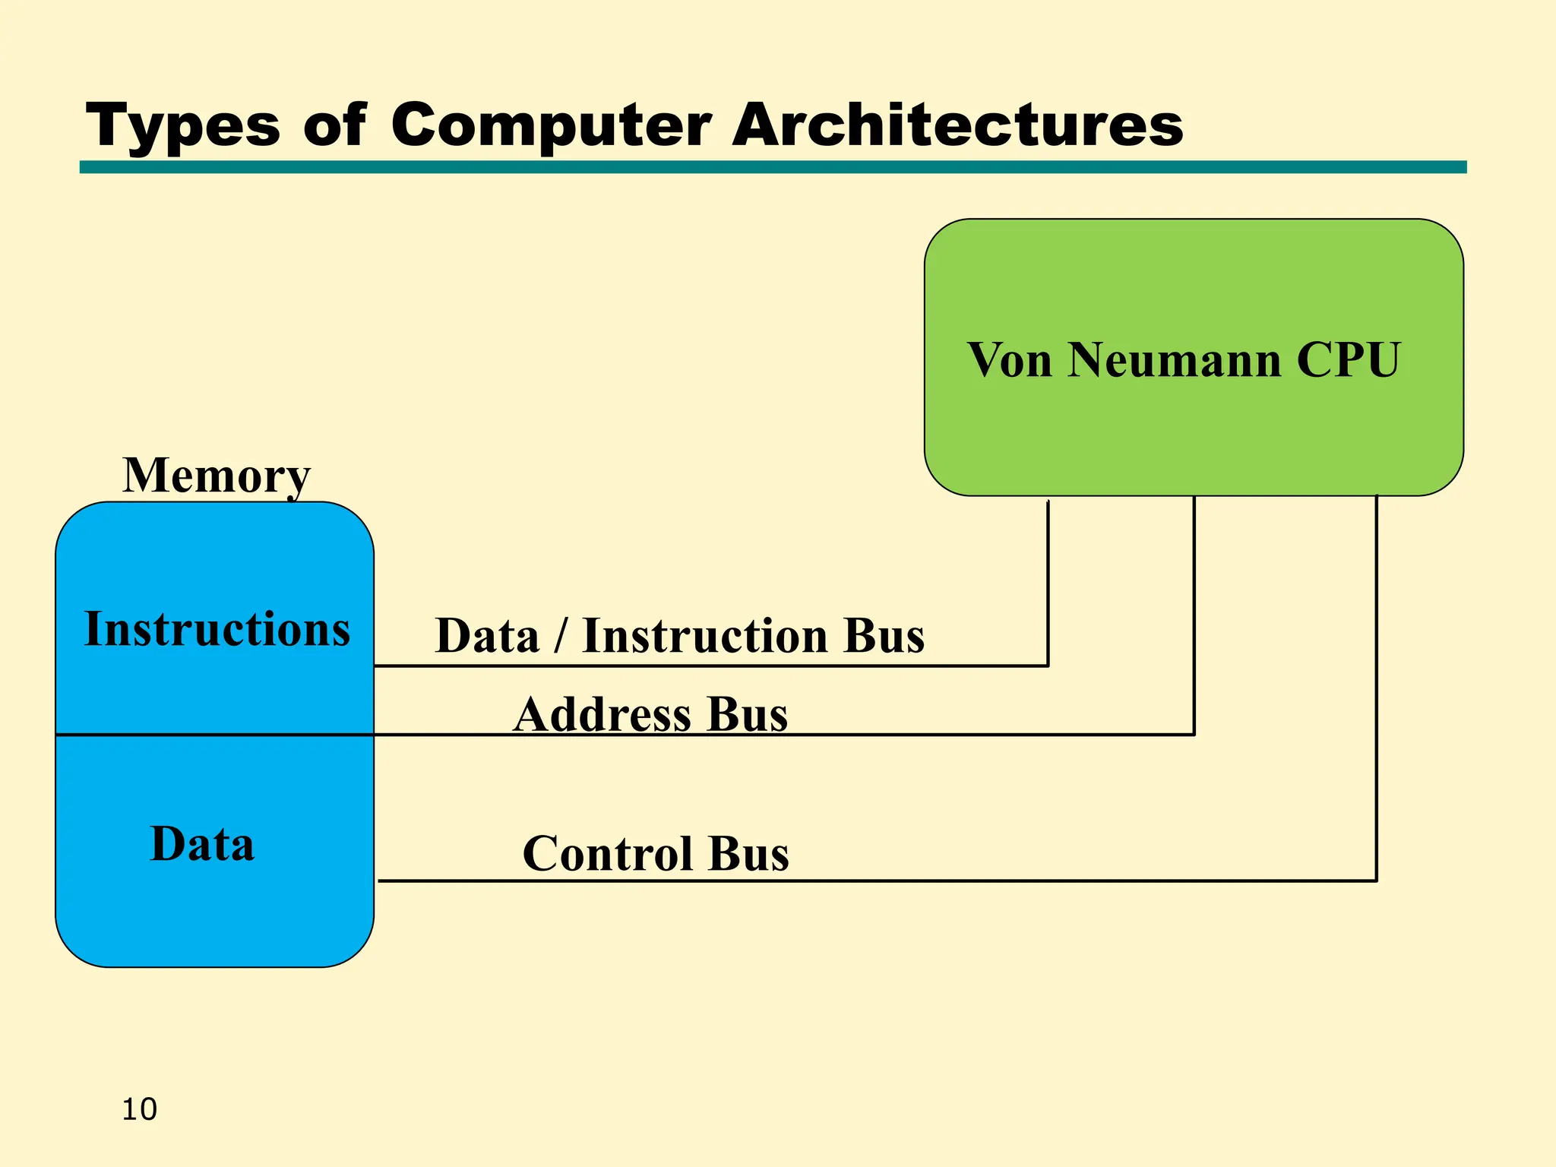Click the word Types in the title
[x=182, y=125]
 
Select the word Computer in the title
[x=551, y=125]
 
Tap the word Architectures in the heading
[x=957, y=125]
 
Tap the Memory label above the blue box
[x=217, y=476]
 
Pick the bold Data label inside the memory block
[x=202, y=844]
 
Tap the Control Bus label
[x=656, y=853]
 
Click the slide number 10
[x=139, y=1109]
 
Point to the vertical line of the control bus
[x=1376, y=684]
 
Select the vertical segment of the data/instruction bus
[x=1048, y=585]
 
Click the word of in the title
[x=334, y=125]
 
